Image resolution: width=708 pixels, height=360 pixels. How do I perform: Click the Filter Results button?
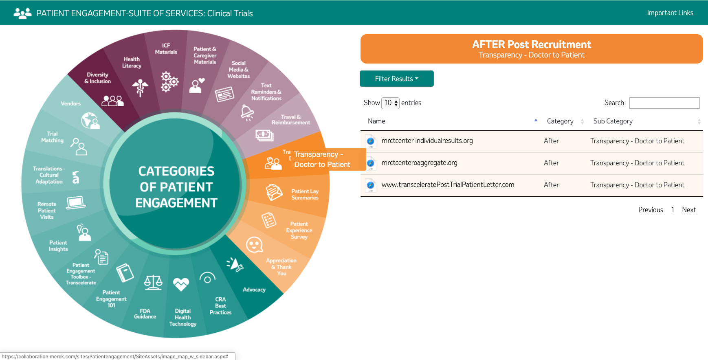(x=396, y=79)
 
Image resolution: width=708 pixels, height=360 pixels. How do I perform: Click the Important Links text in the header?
(x=670, y=13)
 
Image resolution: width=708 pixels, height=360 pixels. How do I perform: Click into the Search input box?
(x=664, y=103)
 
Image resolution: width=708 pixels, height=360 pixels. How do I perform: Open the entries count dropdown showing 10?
(x=390, y=103)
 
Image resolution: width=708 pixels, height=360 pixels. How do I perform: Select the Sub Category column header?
(x=613, y=121)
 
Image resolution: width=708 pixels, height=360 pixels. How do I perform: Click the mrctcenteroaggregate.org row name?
(x=419, y=163)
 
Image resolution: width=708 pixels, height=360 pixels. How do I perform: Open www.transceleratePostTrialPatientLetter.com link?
(x=448, y=185)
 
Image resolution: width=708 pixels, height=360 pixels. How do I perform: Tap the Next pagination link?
(x=688, y=210)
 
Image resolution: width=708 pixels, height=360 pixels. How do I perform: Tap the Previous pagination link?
(x=650, y=210)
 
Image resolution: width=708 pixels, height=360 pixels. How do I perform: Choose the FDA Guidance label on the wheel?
(x=145, y=314)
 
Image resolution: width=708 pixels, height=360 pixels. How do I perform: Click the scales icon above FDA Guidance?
(x=153, y=282)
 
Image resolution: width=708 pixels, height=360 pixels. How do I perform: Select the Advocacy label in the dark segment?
(x=254, y=290)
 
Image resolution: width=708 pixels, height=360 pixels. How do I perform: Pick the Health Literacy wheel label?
(x=132, y=62)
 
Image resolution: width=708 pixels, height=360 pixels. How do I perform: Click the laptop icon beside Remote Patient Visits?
(x=76, y=202)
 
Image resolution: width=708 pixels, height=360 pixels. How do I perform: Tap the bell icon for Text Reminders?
(x=247, y=112)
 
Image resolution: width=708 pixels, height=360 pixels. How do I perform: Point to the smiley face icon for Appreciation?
(x=254, y=245)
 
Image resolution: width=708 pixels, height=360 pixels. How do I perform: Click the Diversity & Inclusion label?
(x=97, y=78)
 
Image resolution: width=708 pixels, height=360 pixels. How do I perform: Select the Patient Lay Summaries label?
(x=305, y=194)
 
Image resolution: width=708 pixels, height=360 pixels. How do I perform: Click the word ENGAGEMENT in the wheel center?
(x=176, y=203)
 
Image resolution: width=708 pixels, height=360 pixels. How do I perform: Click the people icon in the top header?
(x=22, y=13)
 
